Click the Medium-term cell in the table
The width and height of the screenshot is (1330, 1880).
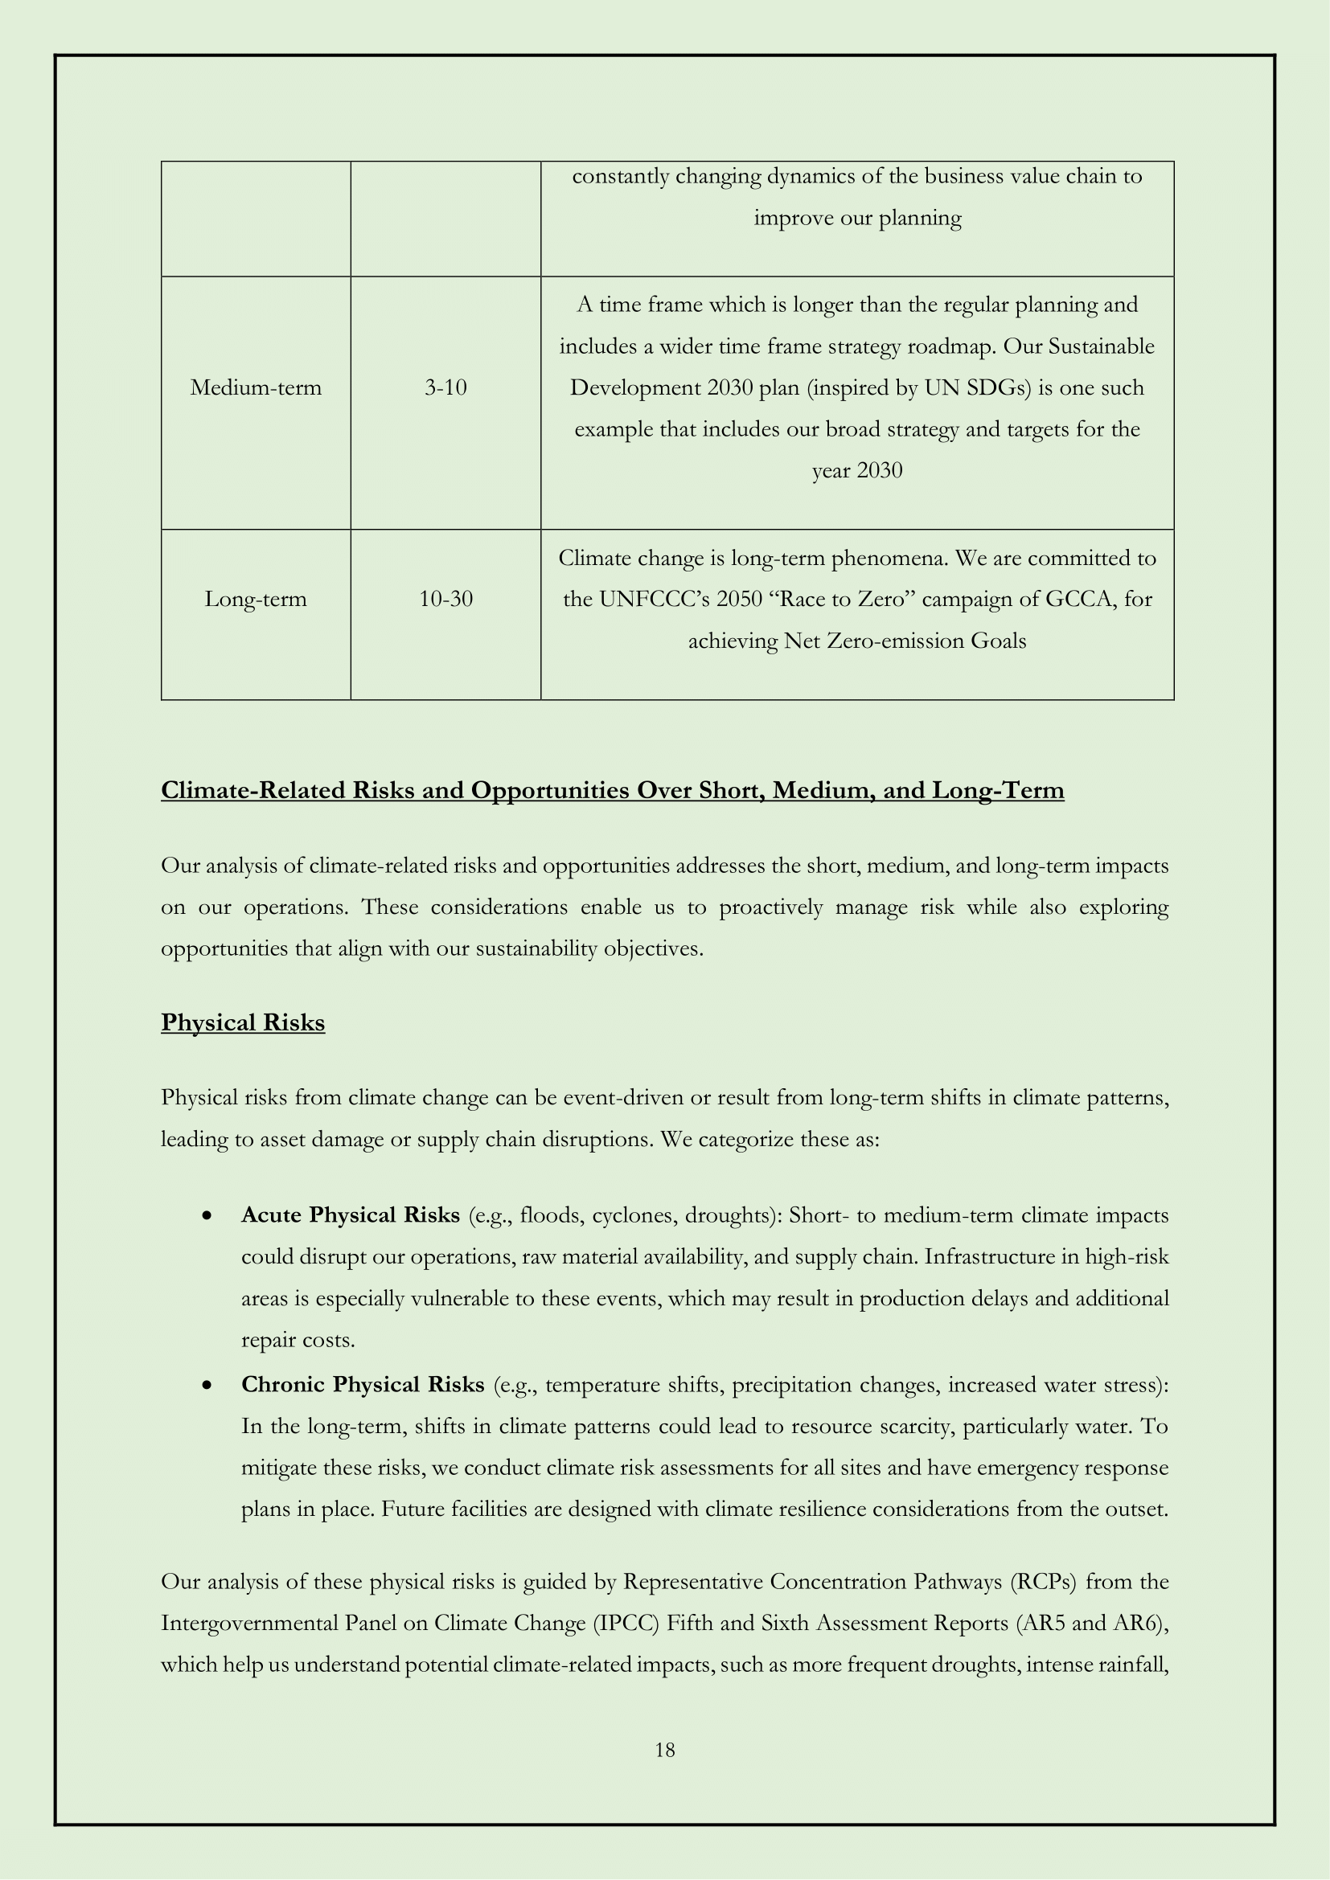point(256,387)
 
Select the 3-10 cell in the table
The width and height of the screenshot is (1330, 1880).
point(445,387)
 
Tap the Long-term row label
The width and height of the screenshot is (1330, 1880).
point(256,599)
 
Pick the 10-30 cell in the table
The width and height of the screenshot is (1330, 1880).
point(445,599)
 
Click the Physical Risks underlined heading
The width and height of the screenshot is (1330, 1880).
point(242,1022)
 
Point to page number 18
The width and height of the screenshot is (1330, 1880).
point(665,1750)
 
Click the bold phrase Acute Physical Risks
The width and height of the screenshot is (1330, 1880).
point(350,1215)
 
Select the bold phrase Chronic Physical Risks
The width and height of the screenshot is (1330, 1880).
point(362,1385)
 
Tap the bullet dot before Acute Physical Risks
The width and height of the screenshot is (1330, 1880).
point(208,1217)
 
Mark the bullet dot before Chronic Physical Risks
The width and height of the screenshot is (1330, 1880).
point(208,1386)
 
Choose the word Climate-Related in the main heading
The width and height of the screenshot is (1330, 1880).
point(252,790)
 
